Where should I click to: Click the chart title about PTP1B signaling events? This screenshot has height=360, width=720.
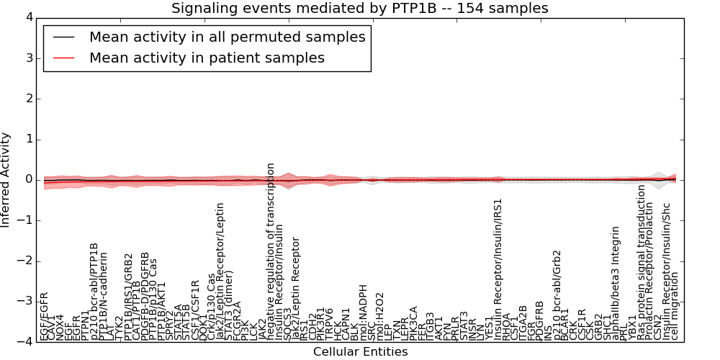tap(359, 8)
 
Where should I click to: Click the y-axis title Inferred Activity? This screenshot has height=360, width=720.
tap(6, 179)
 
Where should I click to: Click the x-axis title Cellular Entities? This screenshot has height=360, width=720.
tap(360, 352)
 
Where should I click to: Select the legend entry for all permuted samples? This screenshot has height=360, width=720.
tap(227, 37)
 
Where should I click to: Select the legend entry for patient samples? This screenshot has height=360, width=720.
tap(207, 58)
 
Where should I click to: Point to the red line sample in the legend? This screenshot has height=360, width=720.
tap(63, 58)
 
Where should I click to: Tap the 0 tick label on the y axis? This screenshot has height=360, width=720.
tap(28, 179)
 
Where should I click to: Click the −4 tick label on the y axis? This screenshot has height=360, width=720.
tap(24, 342)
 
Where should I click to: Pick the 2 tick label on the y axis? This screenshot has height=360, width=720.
tap(28, 98)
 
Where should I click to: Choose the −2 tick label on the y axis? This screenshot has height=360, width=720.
tap(24, 261)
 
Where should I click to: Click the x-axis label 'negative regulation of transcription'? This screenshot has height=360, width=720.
tap(271, 251)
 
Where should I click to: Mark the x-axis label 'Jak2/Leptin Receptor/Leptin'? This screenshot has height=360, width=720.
tap(220, 271)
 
